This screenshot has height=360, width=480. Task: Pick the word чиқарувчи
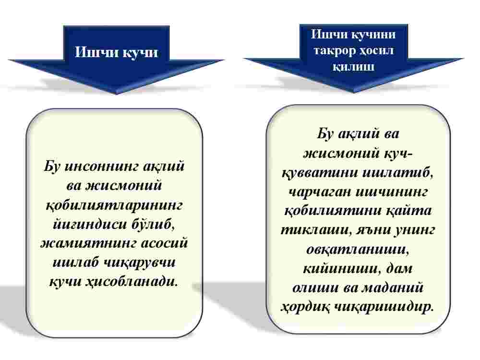(140, 263)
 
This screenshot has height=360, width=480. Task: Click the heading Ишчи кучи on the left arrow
(116, 52)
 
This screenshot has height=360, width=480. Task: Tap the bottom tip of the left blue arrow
(116, 94)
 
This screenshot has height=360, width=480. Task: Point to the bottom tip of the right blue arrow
(354, 92)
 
